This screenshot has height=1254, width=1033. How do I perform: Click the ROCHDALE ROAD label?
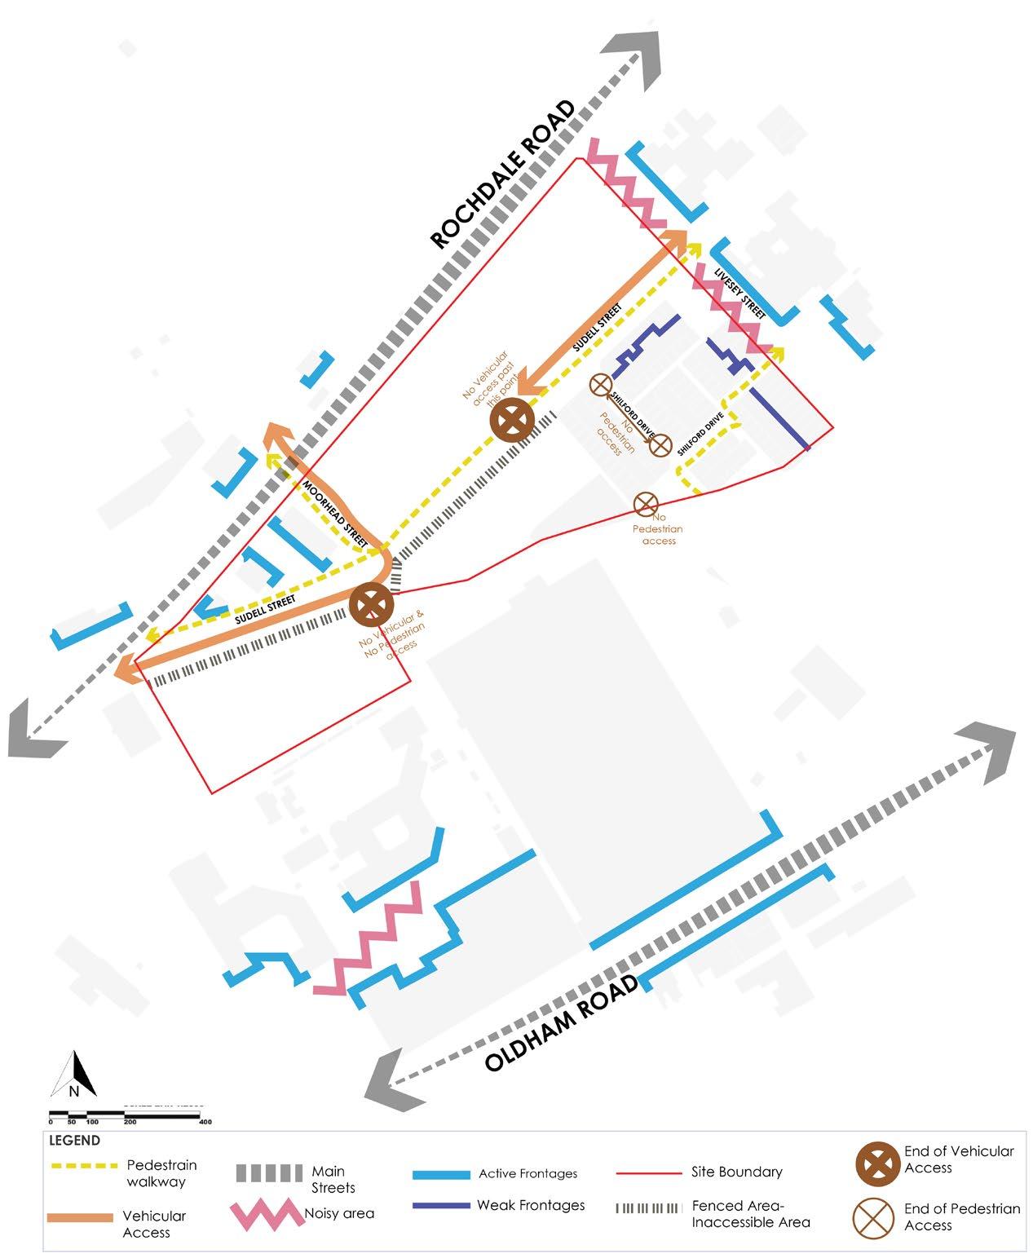502,174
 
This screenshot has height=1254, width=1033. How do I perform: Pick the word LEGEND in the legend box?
75,1141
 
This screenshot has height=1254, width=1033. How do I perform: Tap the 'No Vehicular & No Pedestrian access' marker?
372,605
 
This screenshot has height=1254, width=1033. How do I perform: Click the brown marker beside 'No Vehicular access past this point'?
512,421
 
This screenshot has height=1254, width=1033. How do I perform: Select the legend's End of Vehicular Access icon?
877,1163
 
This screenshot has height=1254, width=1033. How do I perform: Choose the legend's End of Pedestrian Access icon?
875,1216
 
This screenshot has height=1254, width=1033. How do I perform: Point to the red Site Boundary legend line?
648,1173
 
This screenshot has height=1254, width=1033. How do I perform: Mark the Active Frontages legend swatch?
441,1175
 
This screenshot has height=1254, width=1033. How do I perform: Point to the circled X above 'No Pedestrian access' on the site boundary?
646,504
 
